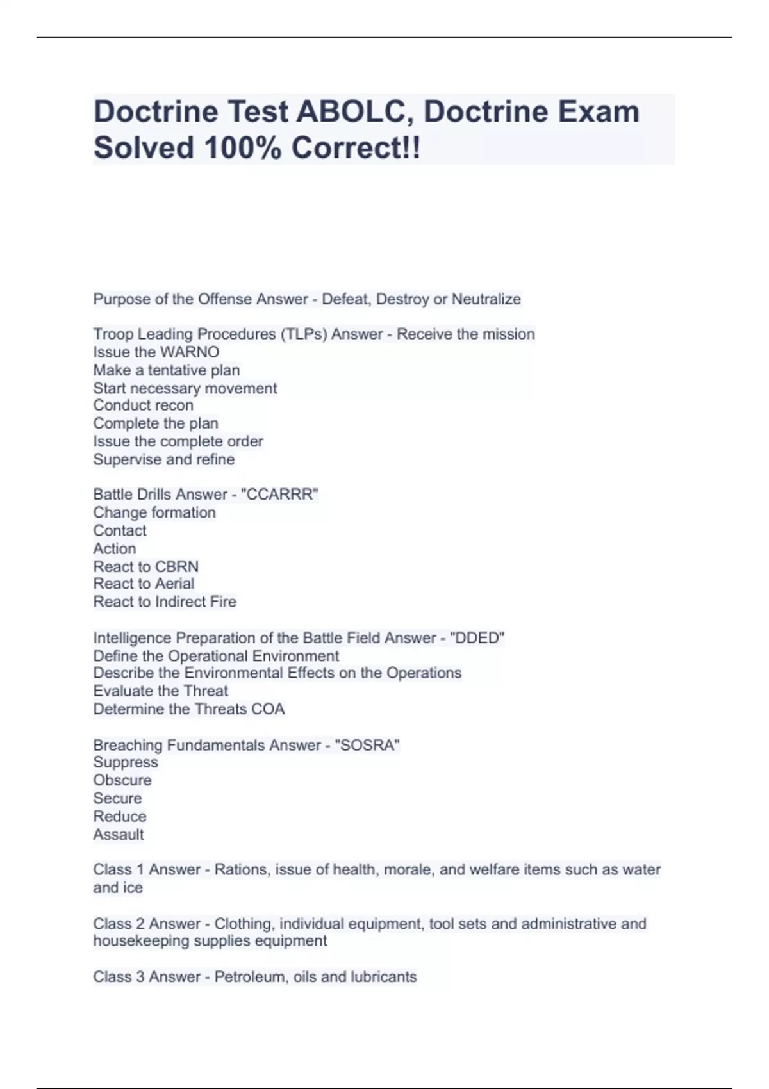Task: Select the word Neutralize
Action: click(486, 299)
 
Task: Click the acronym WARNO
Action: click(189, 352)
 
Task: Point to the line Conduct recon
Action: click(143, 405)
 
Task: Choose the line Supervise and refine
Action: click(164, 459)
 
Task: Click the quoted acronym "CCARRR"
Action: click(279, 495)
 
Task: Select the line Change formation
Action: click(154, 512)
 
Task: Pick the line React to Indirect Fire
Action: click(165, 602)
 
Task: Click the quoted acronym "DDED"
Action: click(477, 638)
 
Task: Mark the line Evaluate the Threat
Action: click(160, 691)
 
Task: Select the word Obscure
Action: click(122, 780)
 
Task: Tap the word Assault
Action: click(119, 835)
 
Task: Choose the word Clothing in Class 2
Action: click(244, 924)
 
